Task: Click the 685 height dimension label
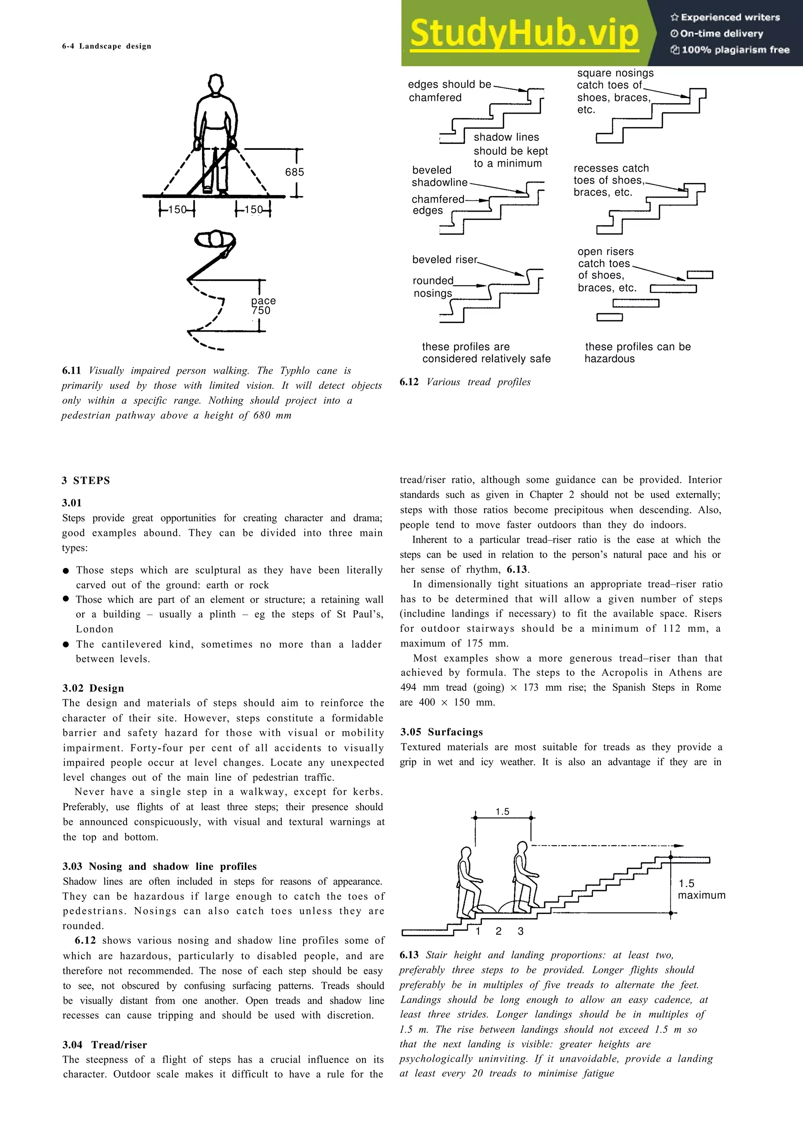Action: [x=294, y=172]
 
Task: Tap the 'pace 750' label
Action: [x=263, y=306]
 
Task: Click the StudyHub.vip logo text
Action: [x=524, y=34]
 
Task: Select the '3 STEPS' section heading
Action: [x=86, y=481]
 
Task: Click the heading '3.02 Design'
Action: [x=93, y=688]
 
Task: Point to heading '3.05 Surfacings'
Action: [x=441, y=732]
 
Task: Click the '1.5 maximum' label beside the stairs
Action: [x=701, y=889]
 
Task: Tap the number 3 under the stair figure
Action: [x=520, y=931]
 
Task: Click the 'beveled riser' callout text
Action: [x=445, y=260]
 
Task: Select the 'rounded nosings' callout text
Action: [x=433, y=287]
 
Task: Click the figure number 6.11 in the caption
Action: [x=71, y=370]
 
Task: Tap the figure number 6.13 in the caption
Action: [x=409, y=955]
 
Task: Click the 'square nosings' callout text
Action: [x=615, y=73]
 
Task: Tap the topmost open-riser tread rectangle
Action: [x=699, y=275]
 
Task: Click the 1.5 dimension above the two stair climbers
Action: [x=502, y=812]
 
